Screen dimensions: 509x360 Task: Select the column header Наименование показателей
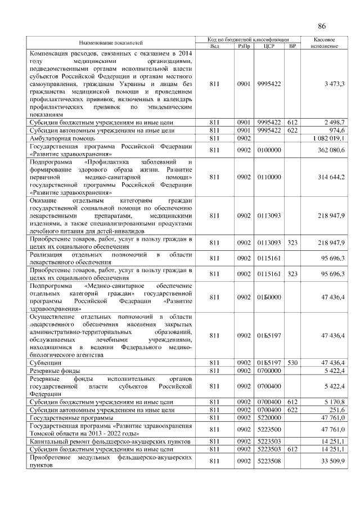point(110,43)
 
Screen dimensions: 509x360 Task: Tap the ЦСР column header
point(268,46)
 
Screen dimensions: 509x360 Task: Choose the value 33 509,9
point(332,462)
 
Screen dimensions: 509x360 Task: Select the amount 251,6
point(336,411)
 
